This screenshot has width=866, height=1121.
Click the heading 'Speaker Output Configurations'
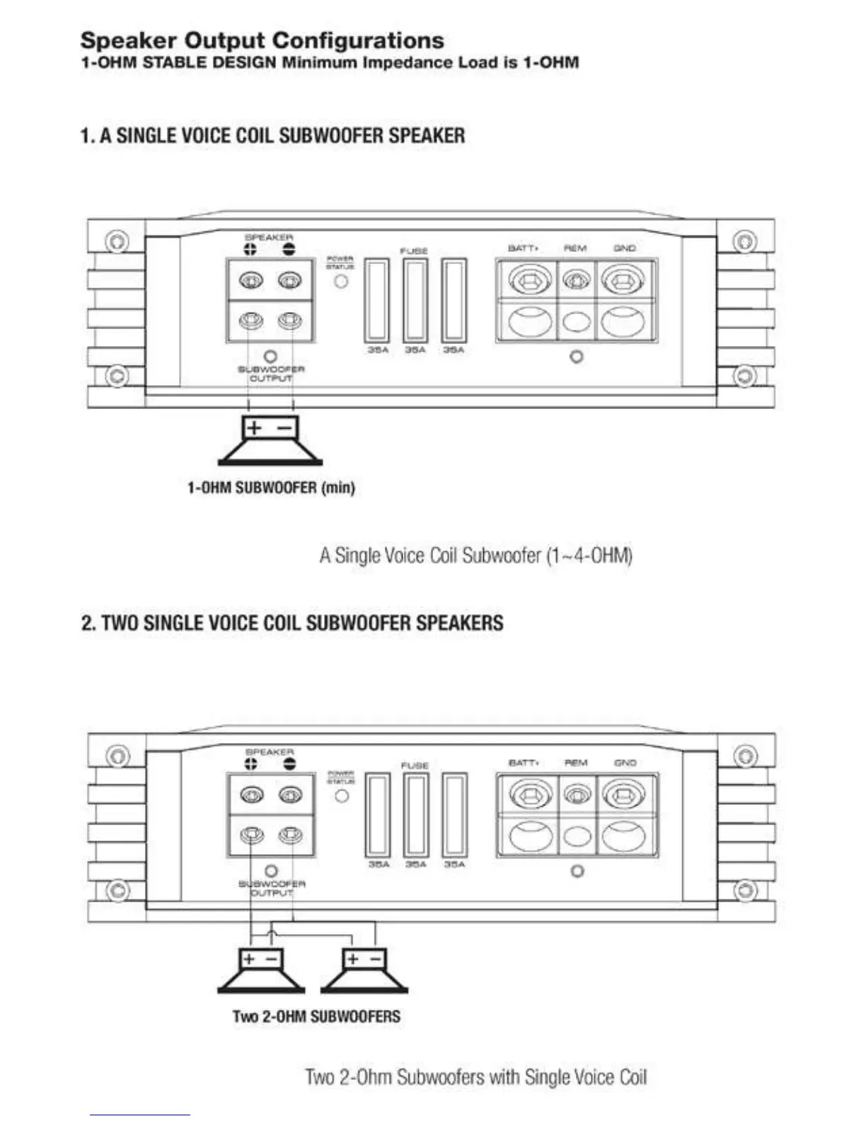point(262,40)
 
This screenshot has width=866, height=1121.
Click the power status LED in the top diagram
point(341,281)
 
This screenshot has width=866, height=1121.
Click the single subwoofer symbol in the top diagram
point(270,442)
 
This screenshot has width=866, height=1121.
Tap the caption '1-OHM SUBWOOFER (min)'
point(270,488)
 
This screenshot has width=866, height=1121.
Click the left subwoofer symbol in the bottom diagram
point(261,971)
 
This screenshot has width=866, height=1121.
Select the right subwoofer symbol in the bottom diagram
point(365,971)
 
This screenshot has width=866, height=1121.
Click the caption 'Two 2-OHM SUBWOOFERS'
point(316,1016)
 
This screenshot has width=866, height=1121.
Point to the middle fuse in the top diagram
point(415,301)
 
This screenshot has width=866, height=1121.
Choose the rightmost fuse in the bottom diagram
point(454,815)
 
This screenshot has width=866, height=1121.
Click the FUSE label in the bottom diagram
point(415,766)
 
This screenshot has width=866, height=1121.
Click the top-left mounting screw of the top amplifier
point(117,241)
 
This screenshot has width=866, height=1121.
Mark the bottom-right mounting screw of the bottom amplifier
point(744,890)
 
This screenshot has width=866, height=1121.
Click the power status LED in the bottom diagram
point(342,795)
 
